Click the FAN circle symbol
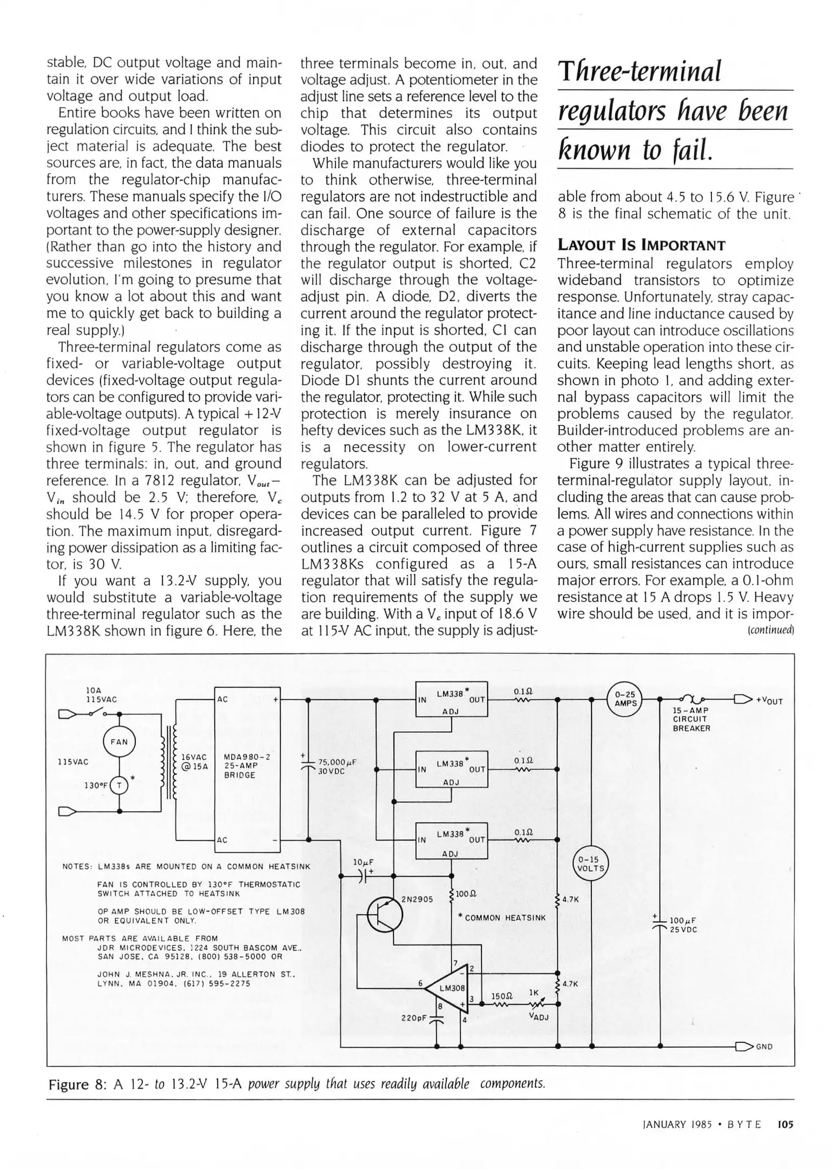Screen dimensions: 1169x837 coord(119,741)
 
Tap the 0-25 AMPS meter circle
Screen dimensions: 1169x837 coord(625,699)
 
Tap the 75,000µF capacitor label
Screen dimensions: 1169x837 coord(337,766)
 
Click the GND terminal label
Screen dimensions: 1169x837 coord(764,1047)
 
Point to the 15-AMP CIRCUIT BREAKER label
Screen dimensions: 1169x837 coord(691,719)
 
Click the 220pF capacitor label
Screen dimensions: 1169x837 coord(413,1017)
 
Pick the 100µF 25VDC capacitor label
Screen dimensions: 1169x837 coord(683,925)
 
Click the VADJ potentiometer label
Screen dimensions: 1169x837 coord(538,1016)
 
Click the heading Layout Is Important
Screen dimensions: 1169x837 coord(641,245)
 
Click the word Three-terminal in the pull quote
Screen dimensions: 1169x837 coord(640,72)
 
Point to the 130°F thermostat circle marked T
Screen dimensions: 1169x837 coord(119,785)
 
